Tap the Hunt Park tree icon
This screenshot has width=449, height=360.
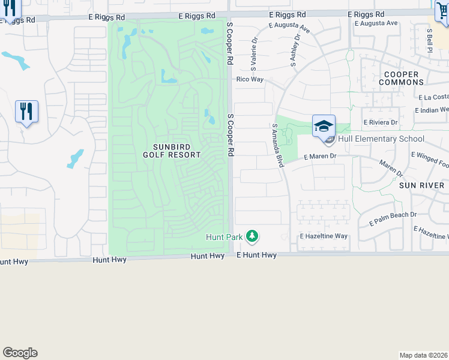[x=253, y=237]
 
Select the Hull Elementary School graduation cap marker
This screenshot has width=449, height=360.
[x=324, y=127]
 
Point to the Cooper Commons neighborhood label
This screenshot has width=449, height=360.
[x=402, y=78]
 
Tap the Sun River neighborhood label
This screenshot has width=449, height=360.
[x=421, y=185]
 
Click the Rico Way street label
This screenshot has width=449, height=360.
[x=250, y=79]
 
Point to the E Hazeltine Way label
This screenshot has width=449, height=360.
[x=324, y=236]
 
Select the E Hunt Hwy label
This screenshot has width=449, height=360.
[x=256, y=255]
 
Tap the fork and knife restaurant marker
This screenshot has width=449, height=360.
[x=26, y=112]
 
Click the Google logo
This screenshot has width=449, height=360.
[x=20, y=353]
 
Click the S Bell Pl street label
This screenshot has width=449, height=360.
[x=430, y=40]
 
